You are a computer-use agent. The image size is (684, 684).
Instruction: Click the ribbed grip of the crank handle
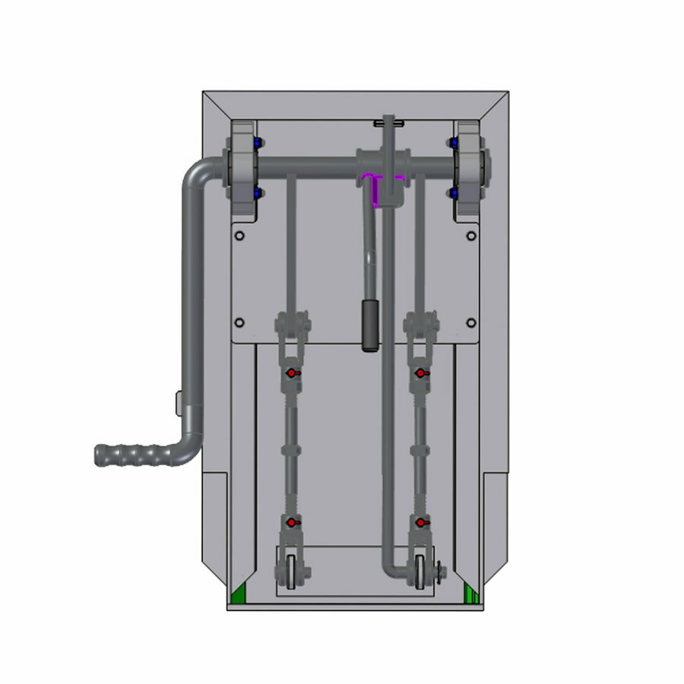pyautogui.click(x=129, y=455)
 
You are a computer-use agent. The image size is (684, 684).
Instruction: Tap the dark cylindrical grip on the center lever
pyautogui.click(x=369, y=325)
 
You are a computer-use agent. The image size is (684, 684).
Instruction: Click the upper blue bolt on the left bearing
pyautogui.click(x=258, y=143)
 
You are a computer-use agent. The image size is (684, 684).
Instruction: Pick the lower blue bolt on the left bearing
pyautogui.click(x=258, y=194)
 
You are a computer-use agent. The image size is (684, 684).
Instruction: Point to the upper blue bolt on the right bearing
pyautogui.click(x=454, y=143)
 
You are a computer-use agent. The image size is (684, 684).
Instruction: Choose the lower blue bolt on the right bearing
pyautogui.click(x=454, y=194)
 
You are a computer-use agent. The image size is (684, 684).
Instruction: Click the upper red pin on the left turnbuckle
pyautogui.click(x=291, y=373)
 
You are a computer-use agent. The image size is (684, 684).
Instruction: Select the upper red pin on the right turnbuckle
pyautogui.click(x=420, y=373)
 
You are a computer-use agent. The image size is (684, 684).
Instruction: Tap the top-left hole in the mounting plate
pyautogui.click(x=239, y=236)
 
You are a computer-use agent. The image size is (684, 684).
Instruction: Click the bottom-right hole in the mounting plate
pyautogui.click(x=470, y=322)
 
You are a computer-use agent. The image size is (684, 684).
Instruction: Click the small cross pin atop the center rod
pyautogui.click(x=388, y=122)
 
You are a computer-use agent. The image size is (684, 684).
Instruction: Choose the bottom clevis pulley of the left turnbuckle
pyautogui.click(x=293, y=572)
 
